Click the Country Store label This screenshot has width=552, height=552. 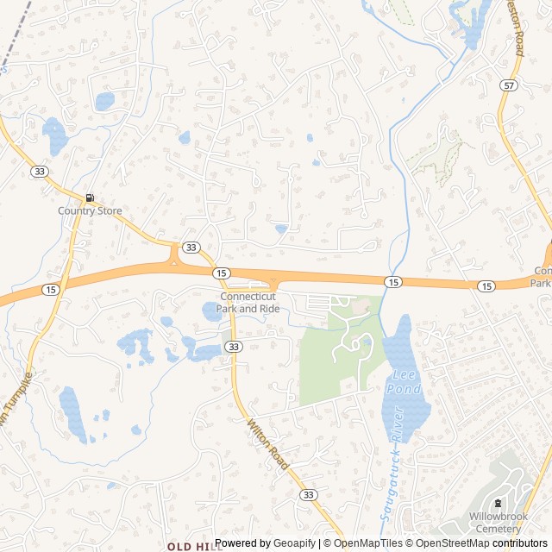point(90,210)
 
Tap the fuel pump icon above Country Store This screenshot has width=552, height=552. point(90,198)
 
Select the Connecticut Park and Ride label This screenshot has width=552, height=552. point(248,303)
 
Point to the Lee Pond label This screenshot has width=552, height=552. point(406,382)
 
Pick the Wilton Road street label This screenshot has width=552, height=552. point(267,440)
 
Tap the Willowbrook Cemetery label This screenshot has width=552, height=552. point(498,522)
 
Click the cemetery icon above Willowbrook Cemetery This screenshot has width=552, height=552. point(498,504)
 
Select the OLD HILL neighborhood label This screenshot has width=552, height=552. point(188,546)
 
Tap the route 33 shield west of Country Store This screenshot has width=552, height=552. point(40,172)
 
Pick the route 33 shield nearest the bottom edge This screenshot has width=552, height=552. point(308,494)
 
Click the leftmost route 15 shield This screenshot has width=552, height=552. point(51,290)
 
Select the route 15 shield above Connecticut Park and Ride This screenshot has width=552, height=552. point(223,273)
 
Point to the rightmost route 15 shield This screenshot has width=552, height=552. point(486,285)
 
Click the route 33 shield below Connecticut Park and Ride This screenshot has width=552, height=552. point(233,346)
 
